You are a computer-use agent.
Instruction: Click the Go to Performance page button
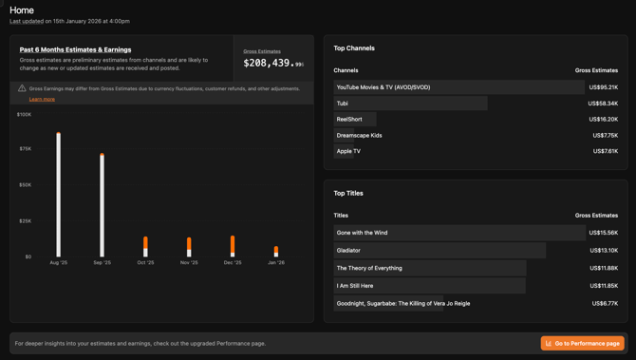[582, 343]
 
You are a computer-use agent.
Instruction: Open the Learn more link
[42, 99]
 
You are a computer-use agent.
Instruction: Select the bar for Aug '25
[58, 195]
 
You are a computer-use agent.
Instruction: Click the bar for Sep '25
[102, 205]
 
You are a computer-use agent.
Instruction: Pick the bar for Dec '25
[233, 246]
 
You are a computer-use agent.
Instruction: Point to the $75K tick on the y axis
[25, 149]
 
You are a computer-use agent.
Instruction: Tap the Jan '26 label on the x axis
[275, 262]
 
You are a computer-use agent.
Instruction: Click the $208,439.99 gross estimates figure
[273, 64]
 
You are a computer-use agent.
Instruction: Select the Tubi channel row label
[343, 104]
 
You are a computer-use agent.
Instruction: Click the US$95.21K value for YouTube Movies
[603, 87]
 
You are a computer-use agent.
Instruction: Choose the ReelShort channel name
[349, 120]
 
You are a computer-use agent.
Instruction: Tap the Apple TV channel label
[348, 151]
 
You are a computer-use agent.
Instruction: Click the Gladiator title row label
[348, 251]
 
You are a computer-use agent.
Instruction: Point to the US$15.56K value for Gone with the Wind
[603, 233]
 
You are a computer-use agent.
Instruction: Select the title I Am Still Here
[355, 286]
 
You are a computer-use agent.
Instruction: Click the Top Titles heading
[348, 193]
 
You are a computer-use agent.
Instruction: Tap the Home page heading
[22, 9]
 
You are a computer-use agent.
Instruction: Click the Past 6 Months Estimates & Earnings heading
[76, 49]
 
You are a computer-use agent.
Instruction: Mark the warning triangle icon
[22, 88]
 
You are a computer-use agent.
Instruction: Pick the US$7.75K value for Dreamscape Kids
[605, 136]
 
